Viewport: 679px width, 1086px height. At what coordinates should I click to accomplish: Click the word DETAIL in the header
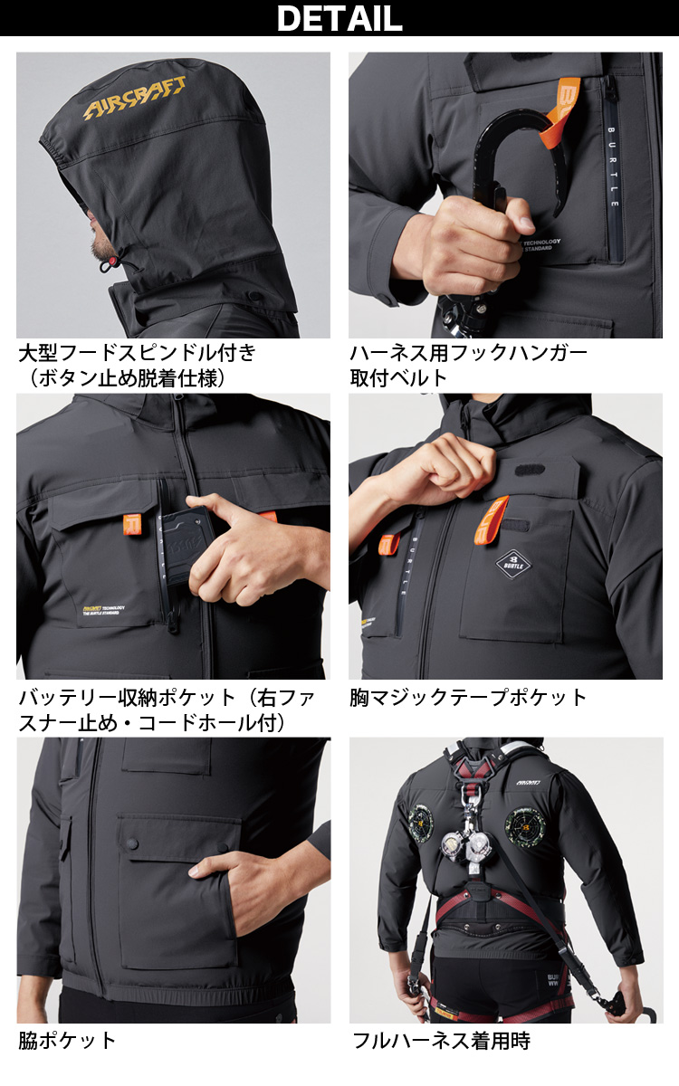click(339, 18)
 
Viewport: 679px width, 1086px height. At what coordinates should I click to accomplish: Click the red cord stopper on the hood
click(108, 265)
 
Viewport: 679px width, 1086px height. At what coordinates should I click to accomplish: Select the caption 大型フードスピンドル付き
click(137, 353)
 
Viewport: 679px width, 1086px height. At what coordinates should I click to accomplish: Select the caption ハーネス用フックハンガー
click(469, 353)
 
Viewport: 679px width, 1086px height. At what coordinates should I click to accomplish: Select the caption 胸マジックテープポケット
click(469, 697)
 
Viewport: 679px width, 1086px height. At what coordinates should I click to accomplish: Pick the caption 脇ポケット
click(68, 1040)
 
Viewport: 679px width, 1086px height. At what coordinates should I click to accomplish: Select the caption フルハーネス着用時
click(442, 1040)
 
